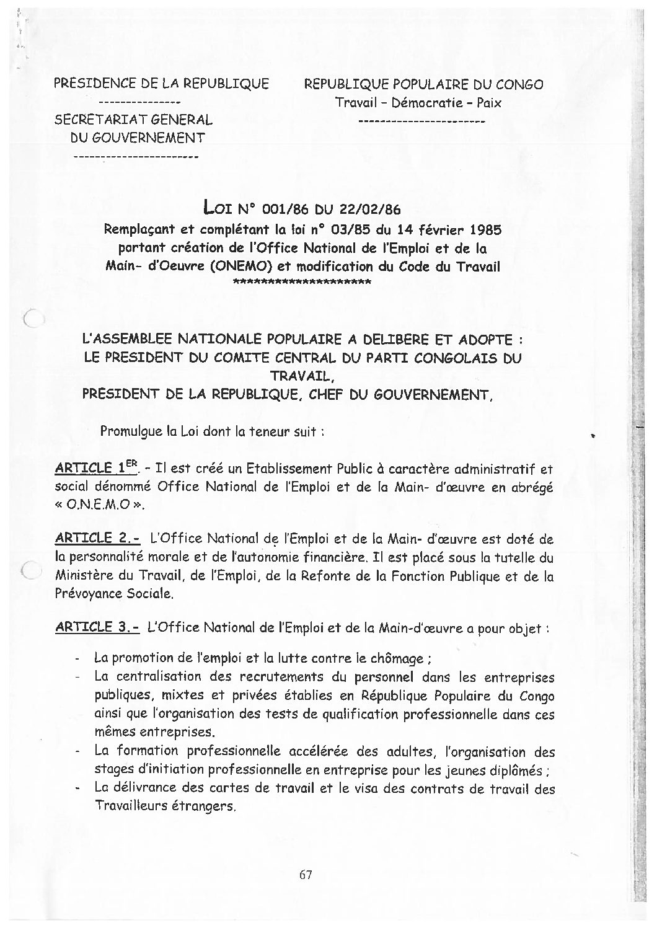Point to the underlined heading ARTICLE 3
[97, 627]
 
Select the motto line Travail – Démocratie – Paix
[418, 103]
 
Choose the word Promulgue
[128, 432]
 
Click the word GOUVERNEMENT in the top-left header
[138, 138]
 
